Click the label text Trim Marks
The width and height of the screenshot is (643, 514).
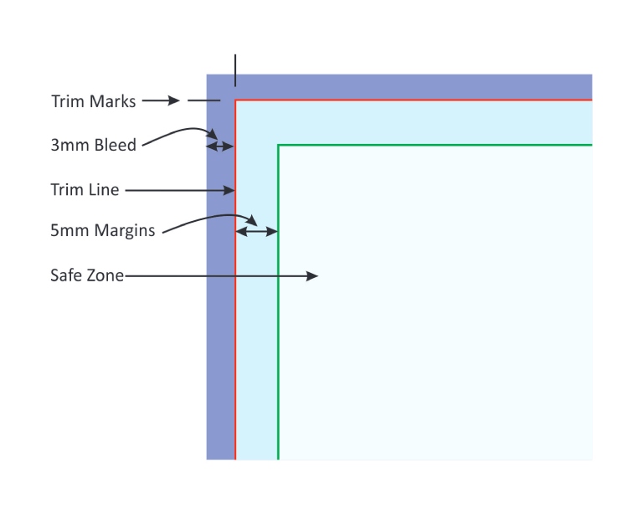coord(93,101)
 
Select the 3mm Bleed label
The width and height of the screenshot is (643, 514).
coord(93,145)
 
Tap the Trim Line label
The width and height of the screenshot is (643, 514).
coord(85,190)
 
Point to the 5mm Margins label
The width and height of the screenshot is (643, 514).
coord(102,230)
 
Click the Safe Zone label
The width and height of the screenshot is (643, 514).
coord(87,275)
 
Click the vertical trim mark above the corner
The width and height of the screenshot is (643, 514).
coord(235,70)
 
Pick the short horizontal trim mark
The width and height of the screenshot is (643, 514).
coord(203,100)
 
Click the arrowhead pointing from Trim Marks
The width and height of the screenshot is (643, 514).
coord(173,100)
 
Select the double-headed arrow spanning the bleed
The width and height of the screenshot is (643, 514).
coord(220,146)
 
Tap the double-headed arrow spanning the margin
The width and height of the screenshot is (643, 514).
coord(256,231)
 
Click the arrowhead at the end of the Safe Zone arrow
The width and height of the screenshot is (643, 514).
coord(312,275)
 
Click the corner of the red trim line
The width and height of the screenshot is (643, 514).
coord(235,100)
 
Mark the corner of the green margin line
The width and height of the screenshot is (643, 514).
coord(278,145)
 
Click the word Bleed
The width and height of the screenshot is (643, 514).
coord(115,145)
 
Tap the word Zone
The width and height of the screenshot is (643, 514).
coord(106,275)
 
